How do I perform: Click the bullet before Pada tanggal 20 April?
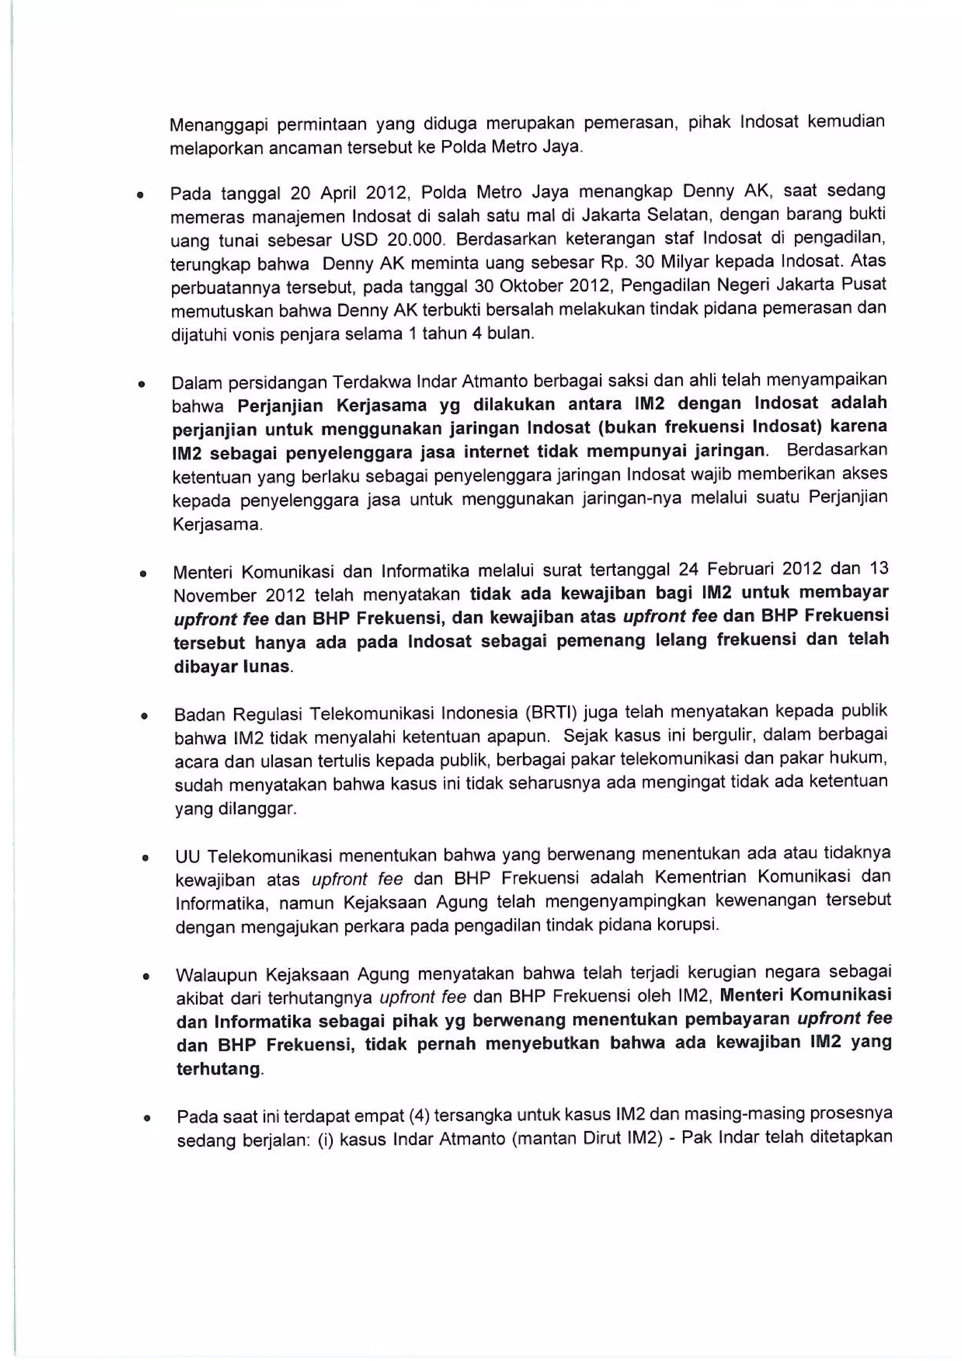point(140,194)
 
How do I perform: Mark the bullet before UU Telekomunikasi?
point(145,858)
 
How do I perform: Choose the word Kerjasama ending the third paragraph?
point(216,525)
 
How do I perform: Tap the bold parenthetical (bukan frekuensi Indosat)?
point(708,427)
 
